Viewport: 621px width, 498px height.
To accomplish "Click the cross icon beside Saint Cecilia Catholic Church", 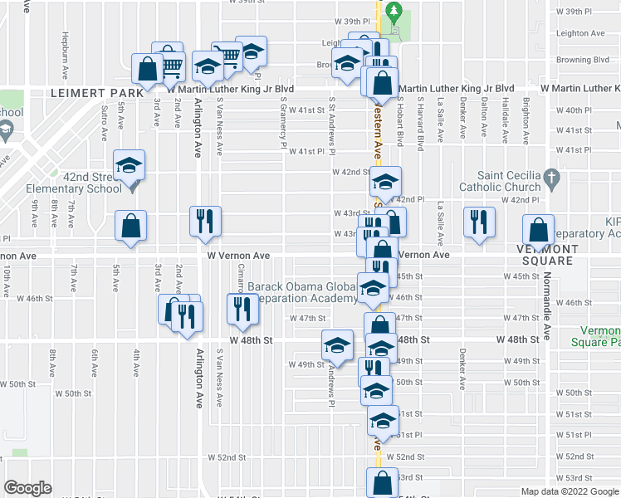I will [550, 177].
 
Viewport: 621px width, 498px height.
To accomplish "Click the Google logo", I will [28, 488].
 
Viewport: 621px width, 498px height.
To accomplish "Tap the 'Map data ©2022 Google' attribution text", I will [569, 491].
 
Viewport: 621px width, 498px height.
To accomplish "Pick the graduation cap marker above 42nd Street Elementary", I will [129, 166].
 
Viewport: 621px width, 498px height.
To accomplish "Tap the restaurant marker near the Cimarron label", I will [242, 310].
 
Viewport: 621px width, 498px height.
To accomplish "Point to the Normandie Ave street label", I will [547, 318].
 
